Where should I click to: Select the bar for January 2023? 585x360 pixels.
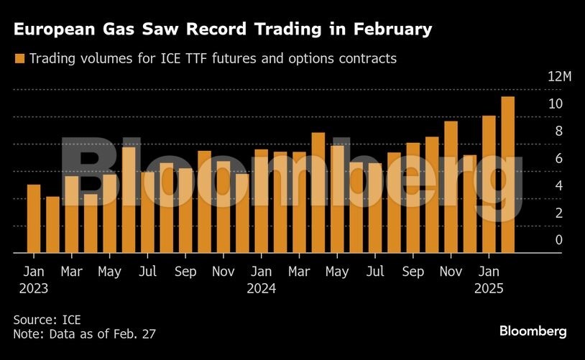point(34,218)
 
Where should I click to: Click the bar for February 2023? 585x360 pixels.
point(52,224)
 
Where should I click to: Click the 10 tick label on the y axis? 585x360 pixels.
point(555,104)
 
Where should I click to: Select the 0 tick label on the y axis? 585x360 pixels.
point(558,240)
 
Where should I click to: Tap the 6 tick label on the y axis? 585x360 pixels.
point(558,159)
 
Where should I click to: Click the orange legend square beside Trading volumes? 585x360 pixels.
point(19,59)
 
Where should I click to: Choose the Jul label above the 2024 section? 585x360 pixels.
point(375,272)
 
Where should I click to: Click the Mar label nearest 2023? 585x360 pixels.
point(71,272)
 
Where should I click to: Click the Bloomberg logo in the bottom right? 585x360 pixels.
point(533,331)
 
